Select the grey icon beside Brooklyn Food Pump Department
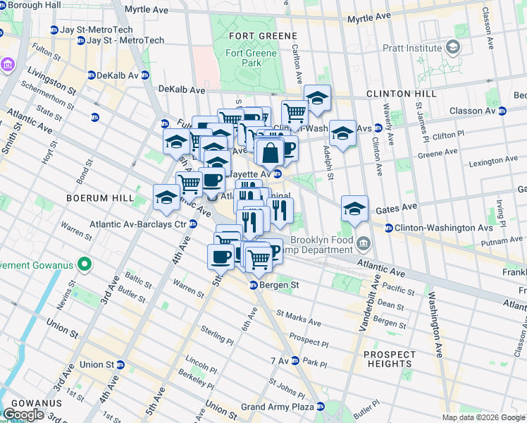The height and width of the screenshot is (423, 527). pos(364,244)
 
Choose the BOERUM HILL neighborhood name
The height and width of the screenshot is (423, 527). pos(99,198)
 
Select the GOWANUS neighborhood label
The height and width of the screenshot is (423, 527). pos(31,403)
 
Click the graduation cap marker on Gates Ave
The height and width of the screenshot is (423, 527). pos(354,207)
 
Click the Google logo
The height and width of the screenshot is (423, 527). pos(23,415)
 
